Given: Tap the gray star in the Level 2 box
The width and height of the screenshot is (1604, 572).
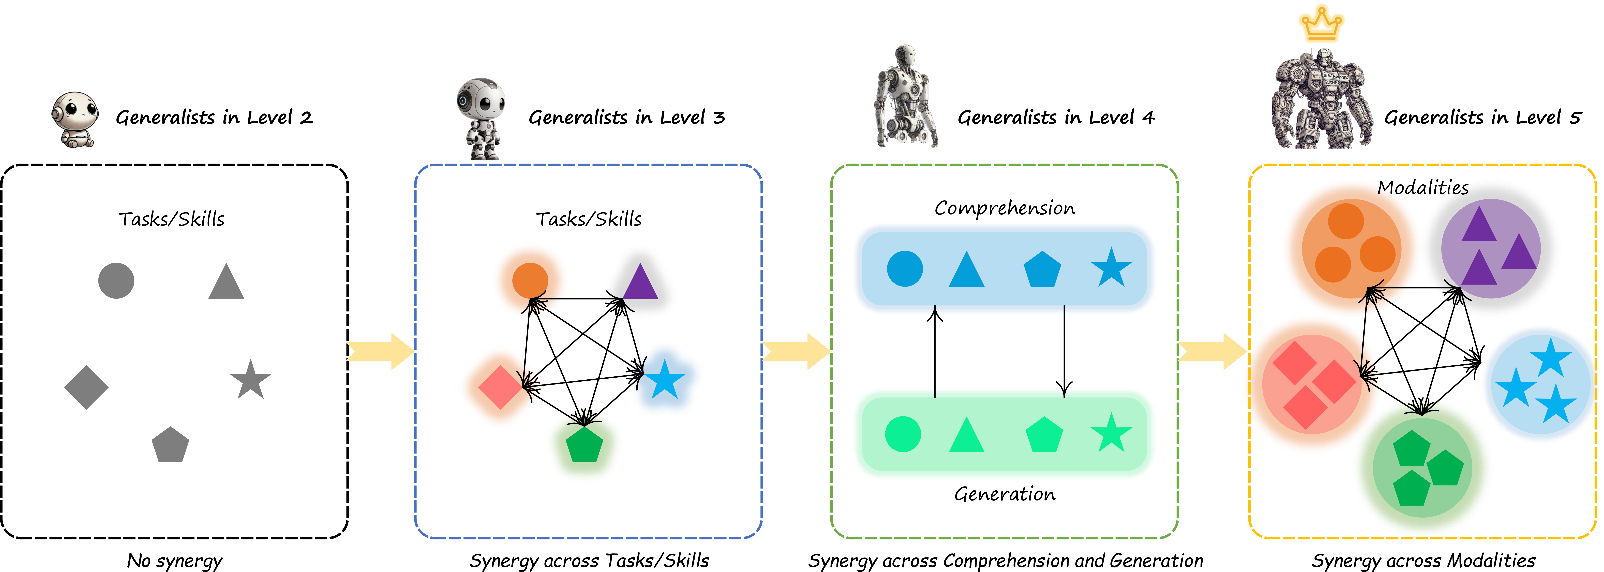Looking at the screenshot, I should pyautogui.click(x=250, y=380).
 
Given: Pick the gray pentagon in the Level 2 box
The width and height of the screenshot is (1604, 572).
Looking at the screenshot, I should pyautogui.click(x=170, y=446).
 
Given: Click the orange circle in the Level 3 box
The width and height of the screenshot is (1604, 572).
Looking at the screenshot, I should pyautogui.click(x=530, y=280).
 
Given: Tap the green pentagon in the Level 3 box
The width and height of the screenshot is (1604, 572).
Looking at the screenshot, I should pyautogui.click(x=584, y=445).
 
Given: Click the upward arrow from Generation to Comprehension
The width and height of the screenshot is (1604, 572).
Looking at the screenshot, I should pyautogui.click(x=935, y=352).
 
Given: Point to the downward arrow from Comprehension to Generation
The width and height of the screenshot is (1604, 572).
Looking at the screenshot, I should pyautogui.click(x=1064, y=352).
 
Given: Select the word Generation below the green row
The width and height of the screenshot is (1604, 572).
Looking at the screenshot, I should pyautogui.click(x=1005, y=494).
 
